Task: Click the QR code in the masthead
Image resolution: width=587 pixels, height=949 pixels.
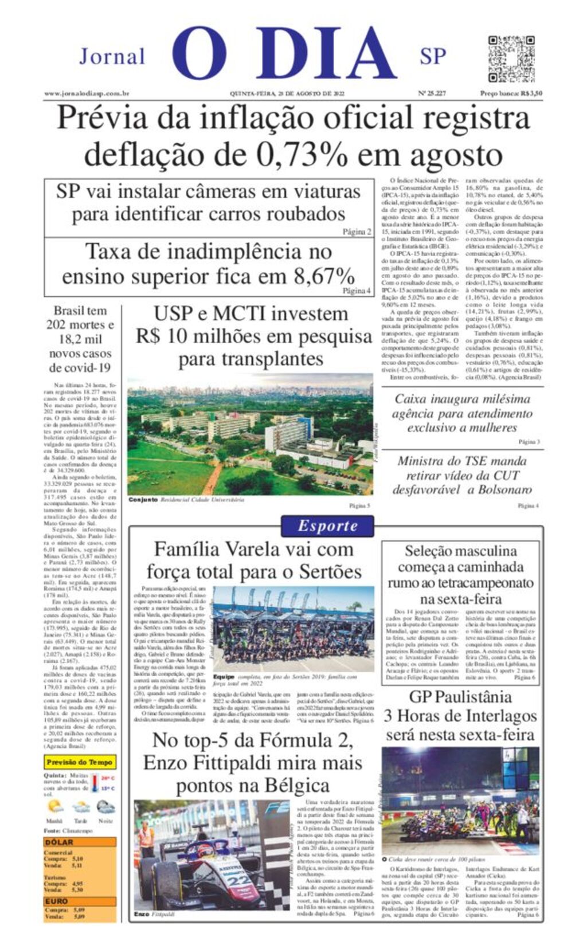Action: pyautogui.click(x=511, y=58)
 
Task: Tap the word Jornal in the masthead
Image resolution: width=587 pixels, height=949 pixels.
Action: pyautogui.click(x=112, y=57)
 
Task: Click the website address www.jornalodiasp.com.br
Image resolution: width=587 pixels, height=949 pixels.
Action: pyautogui.click(x=87, y=93)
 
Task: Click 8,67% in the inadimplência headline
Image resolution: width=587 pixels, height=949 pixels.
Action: pyautogui.click(x=324, y=277)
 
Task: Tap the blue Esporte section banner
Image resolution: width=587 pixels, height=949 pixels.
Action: pyautogui.click(x=327, y=526)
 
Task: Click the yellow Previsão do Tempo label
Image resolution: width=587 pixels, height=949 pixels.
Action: pyautogui.click(x=80, y=762)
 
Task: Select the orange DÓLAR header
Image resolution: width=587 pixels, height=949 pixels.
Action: pyautogui.click(x=60, y=842)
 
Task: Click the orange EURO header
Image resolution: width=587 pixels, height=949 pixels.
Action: pyautogui.click(x=57, y=901)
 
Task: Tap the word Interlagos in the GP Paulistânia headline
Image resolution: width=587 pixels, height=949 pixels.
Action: pyautogui.click(x=500, y=716)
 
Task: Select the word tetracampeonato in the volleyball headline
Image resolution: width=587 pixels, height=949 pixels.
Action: pyautogui.click(x=461, y=583)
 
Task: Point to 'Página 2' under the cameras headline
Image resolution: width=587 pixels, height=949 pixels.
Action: pyautogui.click(x=357, y=232)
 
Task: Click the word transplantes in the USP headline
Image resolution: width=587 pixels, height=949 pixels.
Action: pyautogui.click(x=251, y=360)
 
